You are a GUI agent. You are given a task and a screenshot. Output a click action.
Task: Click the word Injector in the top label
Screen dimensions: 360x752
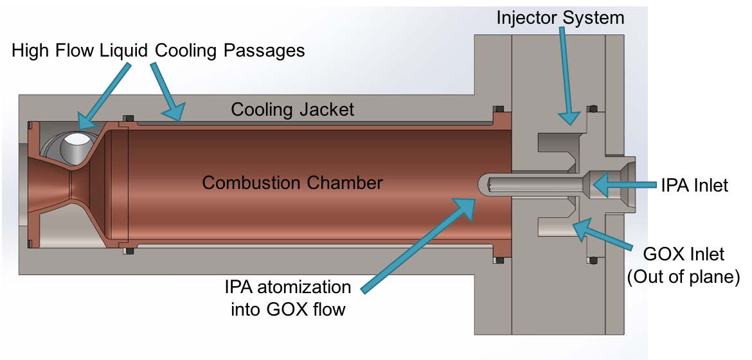(x=526, y=17)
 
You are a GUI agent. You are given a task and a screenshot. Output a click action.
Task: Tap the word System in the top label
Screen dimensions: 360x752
(x=593, y=17)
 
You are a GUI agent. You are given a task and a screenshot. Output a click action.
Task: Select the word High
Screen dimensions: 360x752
(x=30, y=50)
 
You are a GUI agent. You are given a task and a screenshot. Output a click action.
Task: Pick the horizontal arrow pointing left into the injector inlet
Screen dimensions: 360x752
(x=623, y=185)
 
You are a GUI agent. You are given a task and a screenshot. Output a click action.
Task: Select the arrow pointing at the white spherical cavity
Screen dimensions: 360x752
(x=105, y=94)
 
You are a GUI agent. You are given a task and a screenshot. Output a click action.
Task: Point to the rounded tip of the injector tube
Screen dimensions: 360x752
(x=483, y=185)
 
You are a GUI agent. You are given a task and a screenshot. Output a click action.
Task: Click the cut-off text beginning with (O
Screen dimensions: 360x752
(x=636, y=277)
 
